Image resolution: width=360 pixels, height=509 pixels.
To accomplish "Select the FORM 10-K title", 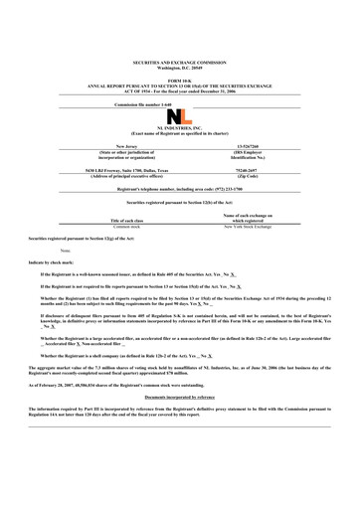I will [x=180, y=52].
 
